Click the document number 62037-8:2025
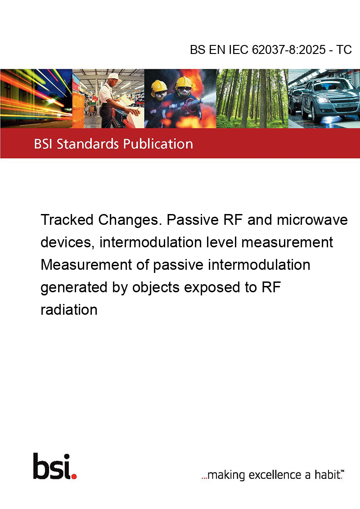pos(288,49)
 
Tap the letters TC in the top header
pos(344,49)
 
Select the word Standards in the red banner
pos(88,143)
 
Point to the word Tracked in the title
pos(67,220)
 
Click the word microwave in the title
pos(312,220)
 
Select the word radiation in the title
pos(69,310)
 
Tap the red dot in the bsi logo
pos(74,476)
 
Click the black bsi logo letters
pos(52,466)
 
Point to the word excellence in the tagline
pos(275,475)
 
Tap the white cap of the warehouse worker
pos(113,76)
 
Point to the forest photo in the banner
pos(252,98)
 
